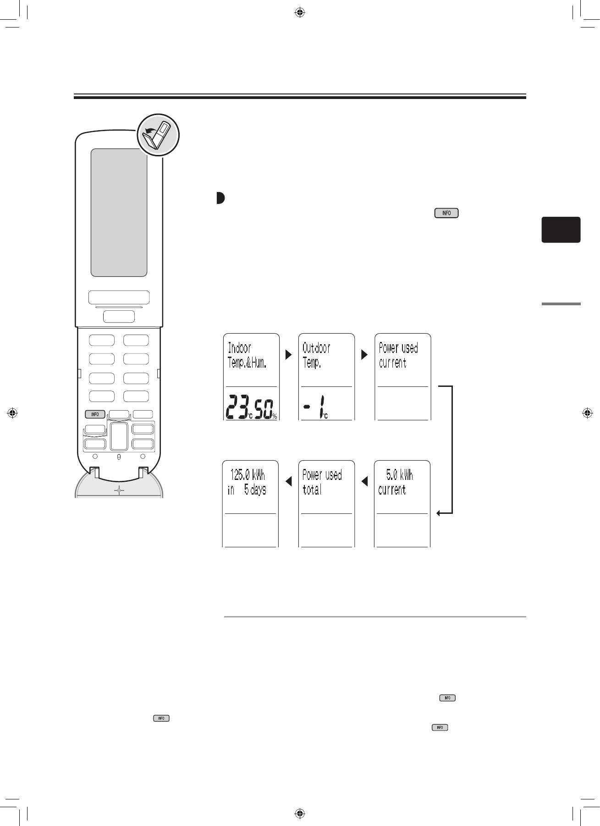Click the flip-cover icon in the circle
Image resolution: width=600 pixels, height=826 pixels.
[x=158, y=135]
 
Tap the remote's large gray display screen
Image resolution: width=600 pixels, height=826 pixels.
[x=119, y=212]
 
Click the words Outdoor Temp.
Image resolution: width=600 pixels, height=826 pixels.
[x=316, y=356]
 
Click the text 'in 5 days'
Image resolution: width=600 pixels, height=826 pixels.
[x=247, y=490]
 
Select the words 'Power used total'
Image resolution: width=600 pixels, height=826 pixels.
[x=322, y=482]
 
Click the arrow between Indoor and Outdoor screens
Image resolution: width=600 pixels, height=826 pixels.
[x=288, y=354]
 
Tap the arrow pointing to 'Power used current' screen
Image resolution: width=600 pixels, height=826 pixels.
[x=364, y=354]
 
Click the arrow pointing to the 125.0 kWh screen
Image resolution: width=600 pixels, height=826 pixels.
[x=288, y=481]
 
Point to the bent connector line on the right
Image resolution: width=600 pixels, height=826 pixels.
[x=452, y=449]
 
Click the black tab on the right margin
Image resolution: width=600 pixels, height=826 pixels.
[x=561, y=230]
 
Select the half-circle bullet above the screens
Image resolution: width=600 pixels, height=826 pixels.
[x=220, y=198]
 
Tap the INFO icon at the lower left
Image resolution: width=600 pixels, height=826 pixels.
[x=161, y=718]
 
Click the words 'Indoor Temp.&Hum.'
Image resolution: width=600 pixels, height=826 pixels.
[x=247, y=356]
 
